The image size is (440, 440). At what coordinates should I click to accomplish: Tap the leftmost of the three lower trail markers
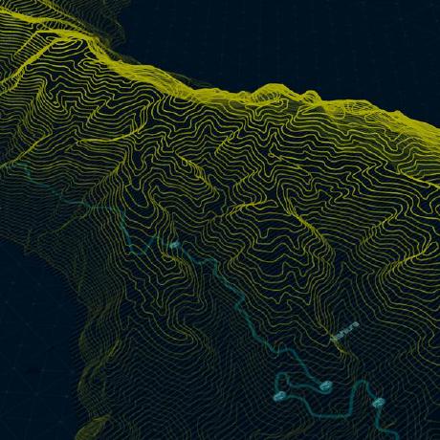click(282, 391)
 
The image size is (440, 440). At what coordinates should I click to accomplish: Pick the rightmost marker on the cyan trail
click(380, 401)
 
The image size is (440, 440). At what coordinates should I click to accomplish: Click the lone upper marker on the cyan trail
click(174, 246)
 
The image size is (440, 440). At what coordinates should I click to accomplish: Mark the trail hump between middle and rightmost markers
click(362, 385)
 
